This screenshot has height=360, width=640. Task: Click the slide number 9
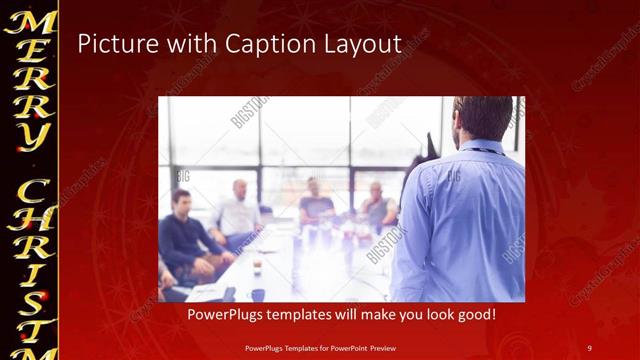click(x=589, y=347)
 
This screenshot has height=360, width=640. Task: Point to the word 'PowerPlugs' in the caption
click(x=227, y=315)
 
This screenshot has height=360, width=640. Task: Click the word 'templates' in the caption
click(x=305, y=315)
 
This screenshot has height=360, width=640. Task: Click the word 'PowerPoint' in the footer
click(x=341, y=347)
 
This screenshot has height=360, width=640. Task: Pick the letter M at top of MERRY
click(x=30, y=22)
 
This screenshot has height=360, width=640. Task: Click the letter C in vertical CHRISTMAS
click(x=30, y=191)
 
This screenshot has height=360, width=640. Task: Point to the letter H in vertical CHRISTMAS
click(x=30, y=226)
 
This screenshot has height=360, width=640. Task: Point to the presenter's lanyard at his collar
click(x=490, y=149)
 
